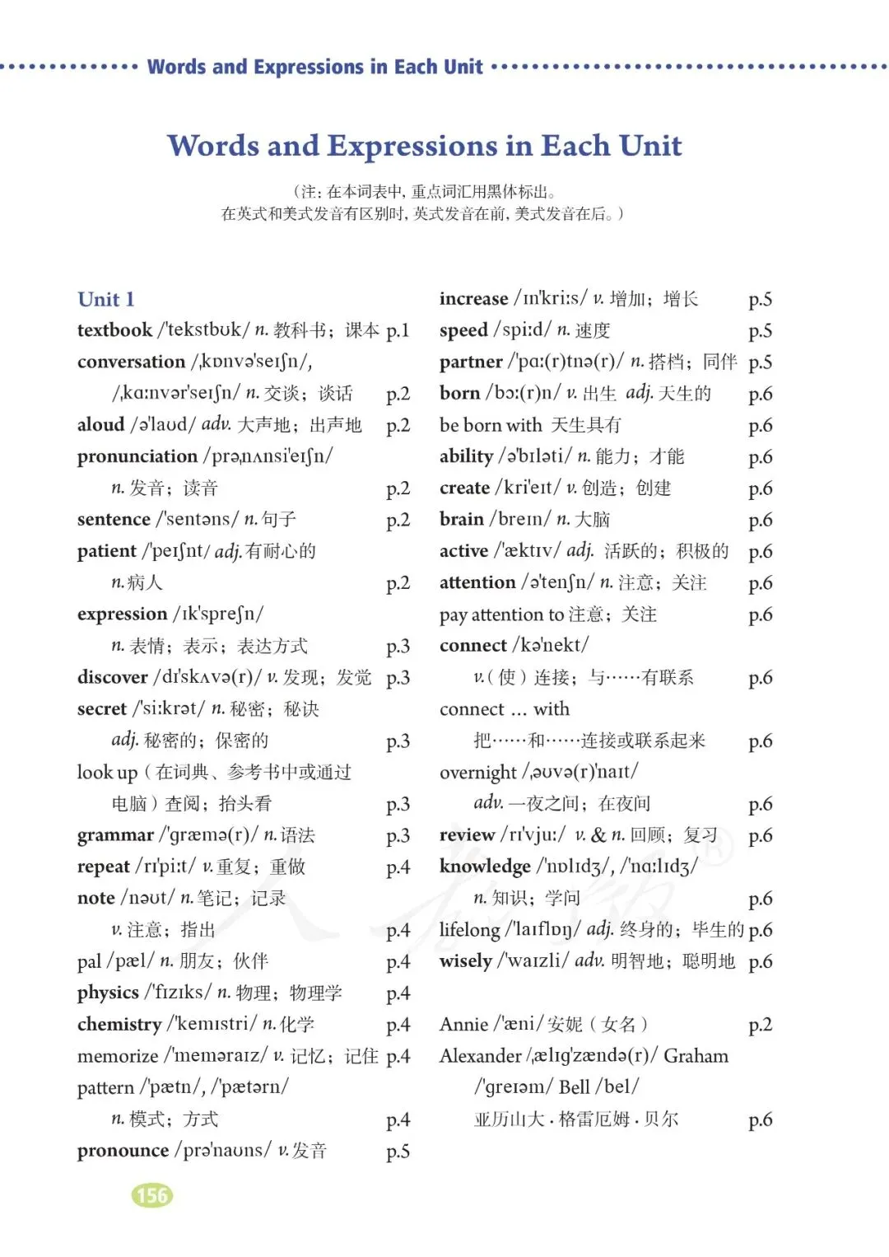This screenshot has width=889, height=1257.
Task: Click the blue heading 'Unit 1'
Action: click(x=105, y=299)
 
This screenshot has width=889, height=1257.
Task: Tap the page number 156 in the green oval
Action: click(x=152, y=1195)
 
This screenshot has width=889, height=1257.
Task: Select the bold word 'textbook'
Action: click(x=114, y=330)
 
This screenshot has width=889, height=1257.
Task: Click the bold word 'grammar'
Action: click(x=115, y=835)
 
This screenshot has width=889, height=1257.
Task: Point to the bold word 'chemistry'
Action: click(x=119, y=1025)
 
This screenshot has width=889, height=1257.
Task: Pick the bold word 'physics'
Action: click(x=108, y=993)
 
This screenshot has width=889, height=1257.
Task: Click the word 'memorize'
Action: click(x=118, y=1056)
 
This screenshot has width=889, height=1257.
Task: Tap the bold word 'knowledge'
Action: click(x=485, y=867)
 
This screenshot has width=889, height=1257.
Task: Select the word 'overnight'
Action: click(x=478, y=773)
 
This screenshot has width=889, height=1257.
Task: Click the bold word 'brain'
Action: click(x=462, y=520)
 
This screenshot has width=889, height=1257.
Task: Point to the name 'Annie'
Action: click(x=463, y=1025)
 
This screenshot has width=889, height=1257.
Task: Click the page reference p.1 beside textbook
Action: click(x=398, y=330)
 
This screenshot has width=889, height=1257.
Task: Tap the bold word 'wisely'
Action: click(x=465, y=961)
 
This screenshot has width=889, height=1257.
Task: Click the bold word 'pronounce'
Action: click(x=123, y=1151)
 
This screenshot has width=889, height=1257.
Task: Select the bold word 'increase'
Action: click(x=473, y=299)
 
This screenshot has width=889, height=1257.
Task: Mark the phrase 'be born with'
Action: click(x=491, y=425)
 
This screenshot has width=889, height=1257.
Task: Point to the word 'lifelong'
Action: click(x=469, y=930)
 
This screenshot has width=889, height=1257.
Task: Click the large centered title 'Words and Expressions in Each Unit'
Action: click(x=425, y=146)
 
